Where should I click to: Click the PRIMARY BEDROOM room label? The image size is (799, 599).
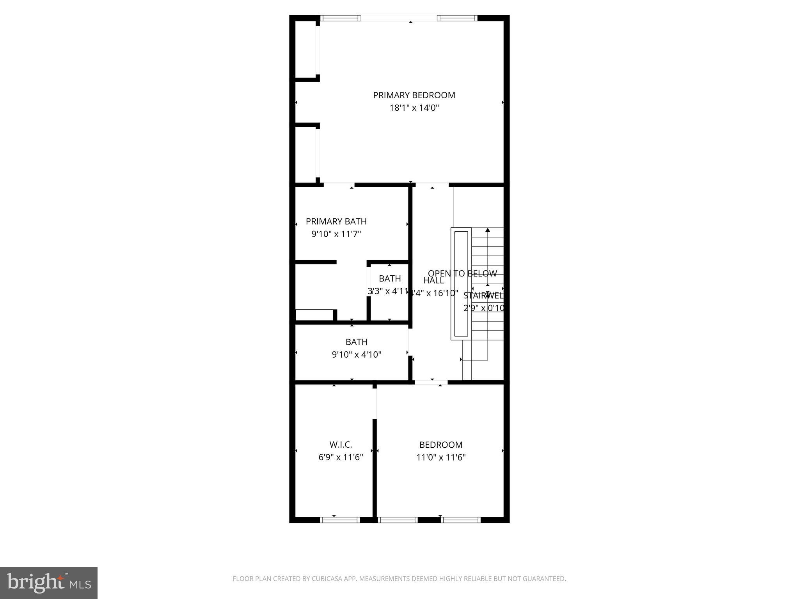414,95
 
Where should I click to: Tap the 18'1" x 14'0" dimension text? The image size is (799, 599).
414,108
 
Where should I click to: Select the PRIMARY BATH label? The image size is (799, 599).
336,222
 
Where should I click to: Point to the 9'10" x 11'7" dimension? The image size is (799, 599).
336,234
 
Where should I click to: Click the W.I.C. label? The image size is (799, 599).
341,445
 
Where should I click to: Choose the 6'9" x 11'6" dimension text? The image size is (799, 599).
341,457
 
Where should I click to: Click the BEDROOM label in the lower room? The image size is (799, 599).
441,445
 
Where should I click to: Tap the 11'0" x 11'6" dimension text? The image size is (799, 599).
441,457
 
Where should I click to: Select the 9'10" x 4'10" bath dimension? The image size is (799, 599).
356,355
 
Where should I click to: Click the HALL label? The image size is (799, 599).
433,280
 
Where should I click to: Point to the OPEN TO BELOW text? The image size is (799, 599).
462,274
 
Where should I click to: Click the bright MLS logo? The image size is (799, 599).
49,583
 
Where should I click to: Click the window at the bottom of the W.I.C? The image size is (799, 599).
339,519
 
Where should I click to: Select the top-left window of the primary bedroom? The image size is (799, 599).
340,18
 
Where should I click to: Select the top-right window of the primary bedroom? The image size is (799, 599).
457,18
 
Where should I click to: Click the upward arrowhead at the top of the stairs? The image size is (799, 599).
488,230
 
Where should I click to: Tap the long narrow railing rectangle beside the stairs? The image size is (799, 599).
461,284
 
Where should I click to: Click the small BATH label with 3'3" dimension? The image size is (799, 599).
390,278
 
